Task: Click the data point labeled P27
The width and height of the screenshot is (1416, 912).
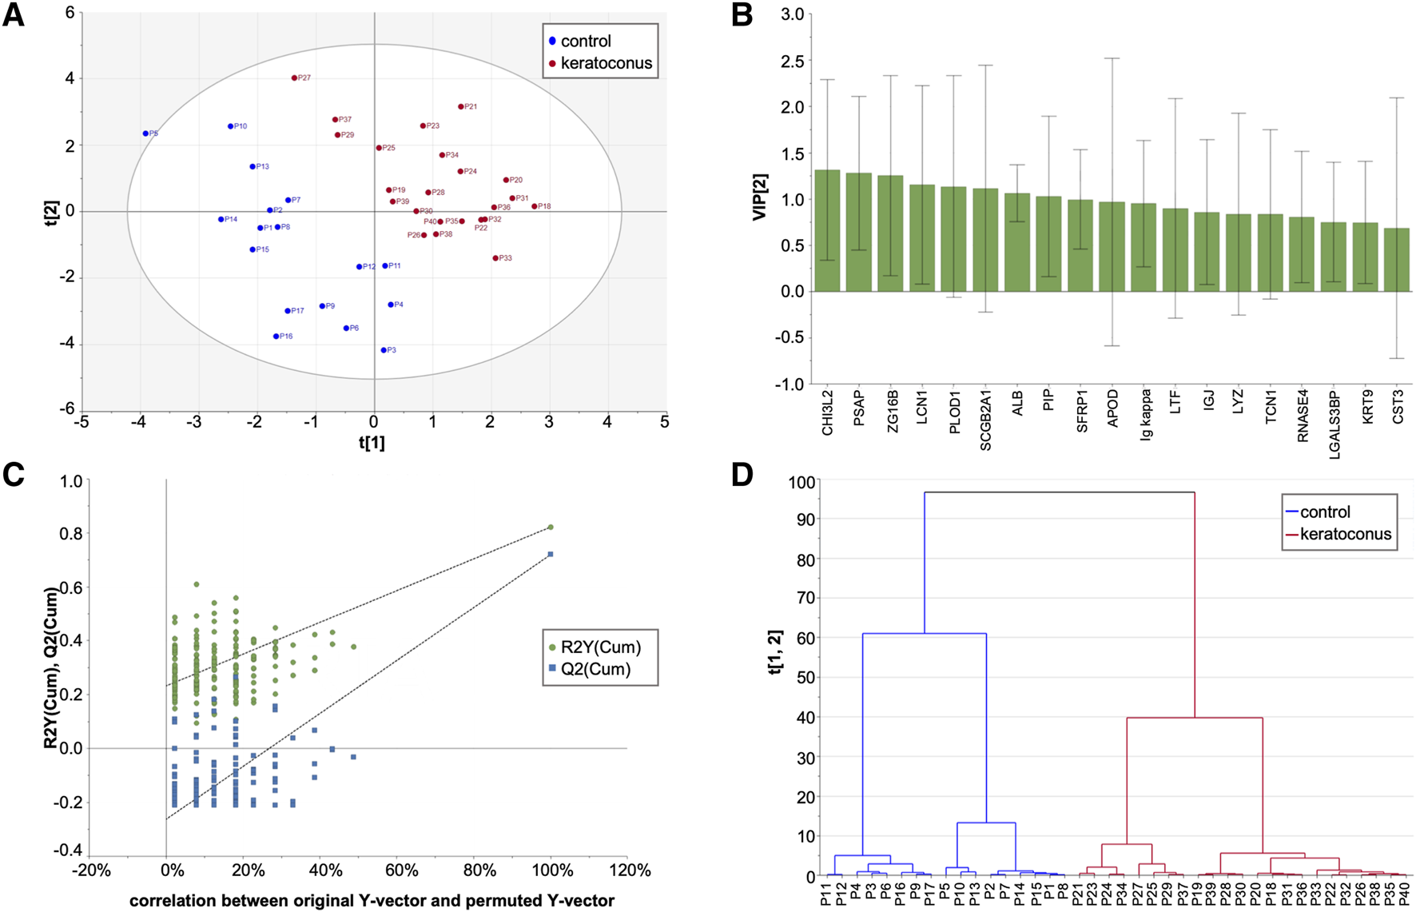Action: point(294,78)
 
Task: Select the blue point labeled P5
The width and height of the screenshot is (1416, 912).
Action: point(145,133)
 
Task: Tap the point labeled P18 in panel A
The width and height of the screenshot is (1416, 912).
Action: point(535,206)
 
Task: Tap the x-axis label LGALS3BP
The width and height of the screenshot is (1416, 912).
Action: point(1334,424)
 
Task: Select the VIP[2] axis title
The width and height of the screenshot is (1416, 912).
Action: point(762,198)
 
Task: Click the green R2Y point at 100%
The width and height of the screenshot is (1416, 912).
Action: point(551,528)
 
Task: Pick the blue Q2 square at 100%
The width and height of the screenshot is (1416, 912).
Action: point(551,554)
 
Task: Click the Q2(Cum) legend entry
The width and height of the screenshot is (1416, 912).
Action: point(595,670)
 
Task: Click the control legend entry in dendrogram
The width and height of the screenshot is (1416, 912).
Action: point(1324,512)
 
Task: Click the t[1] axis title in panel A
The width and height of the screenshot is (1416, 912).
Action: point(372,443)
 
